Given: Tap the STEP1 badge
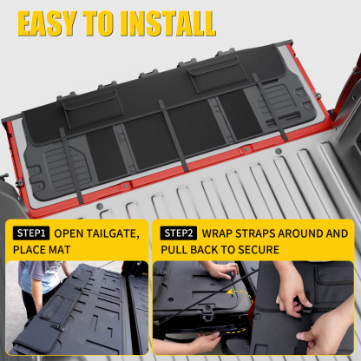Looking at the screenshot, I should [31, 233].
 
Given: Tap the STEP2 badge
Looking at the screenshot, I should [178, 233].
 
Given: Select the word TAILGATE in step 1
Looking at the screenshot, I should [114, 233].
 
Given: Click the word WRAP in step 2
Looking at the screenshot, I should [220, 233].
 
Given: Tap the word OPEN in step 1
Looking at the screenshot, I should [70, 233].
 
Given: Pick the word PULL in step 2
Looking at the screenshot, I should [177, 251].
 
